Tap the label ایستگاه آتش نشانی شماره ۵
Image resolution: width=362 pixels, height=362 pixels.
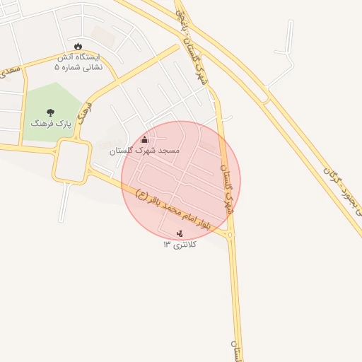[x=78, y=62]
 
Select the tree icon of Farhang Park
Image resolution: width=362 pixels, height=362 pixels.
[x=50, y=112]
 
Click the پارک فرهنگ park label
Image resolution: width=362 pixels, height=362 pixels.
[x=51, y=123]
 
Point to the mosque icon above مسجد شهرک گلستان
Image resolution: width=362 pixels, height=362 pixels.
[x=145, y=139]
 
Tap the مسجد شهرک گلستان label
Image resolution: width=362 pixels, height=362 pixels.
[x=145, y=151]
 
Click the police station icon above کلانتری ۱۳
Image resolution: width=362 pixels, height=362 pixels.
[x=180, y=233]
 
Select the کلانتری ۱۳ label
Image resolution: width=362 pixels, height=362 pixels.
[x=180, y=244]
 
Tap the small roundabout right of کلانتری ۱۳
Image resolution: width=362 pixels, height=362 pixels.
[x=231, y=233]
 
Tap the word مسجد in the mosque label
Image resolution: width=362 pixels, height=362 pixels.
[x=168, y=151]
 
